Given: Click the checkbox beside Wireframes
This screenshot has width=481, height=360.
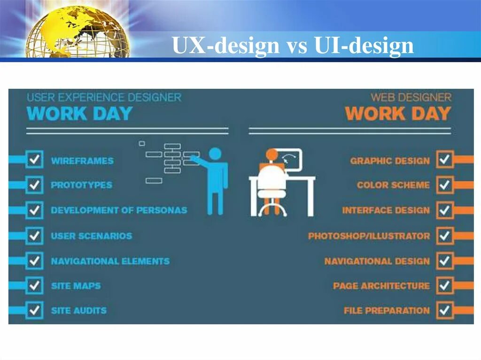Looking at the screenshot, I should (x=34, y=160).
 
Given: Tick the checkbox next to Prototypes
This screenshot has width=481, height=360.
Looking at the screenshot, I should (x=34, y=185).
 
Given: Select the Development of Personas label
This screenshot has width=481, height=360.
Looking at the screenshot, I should (x=119, y=210).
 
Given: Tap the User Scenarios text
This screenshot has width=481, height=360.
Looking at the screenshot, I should (x=92, y=236).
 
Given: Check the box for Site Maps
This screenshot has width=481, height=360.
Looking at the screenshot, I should (x=34, y=285).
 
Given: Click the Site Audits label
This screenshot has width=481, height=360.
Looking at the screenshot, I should (x=79, y=310).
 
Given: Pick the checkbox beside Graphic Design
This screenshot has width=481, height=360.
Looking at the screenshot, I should (x=444, y=160).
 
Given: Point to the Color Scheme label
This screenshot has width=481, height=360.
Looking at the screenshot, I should (x=393, y=185).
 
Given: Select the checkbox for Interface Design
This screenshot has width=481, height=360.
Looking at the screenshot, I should (x=444, y=210).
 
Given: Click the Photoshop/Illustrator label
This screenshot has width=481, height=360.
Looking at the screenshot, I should (x=369, y=236).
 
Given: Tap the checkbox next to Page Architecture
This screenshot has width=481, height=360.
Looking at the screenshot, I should (x=444, y=285).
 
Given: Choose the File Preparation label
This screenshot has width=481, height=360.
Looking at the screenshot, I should (x=387, y=310).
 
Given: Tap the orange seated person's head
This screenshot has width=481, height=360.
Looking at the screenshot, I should (x=272, y=154).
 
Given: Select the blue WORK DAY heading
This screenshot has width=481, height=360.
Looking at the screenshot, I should (x=79, y=114).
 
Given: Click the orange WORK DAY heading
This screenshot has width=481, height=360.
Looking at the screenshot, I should (x=398, y=114).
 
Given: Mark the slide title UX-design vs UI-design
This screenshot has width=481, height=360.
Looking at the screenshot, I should (x=293, y=46).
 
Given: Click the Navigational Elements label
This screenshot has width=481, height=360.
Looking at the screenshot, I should (x=110, y=261).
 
